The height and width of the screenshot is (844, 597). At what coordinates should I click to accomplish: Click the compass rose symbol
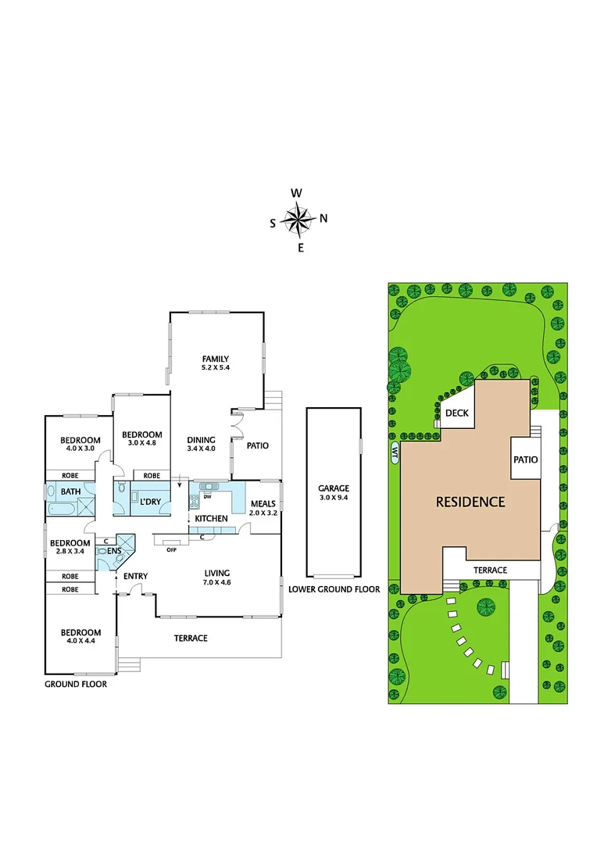[298, 220]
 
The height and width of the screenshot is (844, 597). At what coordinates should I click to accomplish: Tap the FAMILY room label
[215, 359]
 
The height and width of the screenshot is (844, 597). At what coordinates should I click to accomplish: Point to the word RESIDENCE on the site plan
[470, 502]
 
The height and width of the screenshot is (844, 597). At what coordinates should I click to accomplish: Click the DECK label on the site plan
[457, 413]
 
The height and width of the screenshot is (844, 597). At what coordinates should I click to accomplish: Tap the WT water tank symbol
[395, 452]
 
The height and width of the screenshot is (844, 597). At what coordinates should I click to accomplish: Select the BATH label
[59, 492]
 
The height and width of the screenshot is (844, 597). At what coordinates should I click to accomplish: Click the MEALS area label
[263, 503]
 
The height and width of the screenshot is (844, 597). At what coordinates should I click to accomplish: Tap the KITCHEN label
[211, 518]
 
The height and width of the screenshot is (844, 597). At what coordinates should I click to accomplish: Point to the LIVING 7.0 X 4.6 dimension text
[216, 582]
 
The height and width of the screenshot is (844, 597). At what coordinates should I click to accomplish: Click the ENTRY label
[136, 576]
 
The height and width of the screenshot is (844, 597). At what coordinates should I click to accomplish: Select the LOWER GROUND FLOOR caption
[334, 589]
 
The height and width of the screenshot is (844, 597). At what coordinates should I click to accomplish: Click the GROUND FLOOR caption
[75, 684]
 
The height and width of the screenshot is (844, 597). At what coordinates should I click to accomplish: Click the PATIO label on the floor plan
[257, 445]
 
